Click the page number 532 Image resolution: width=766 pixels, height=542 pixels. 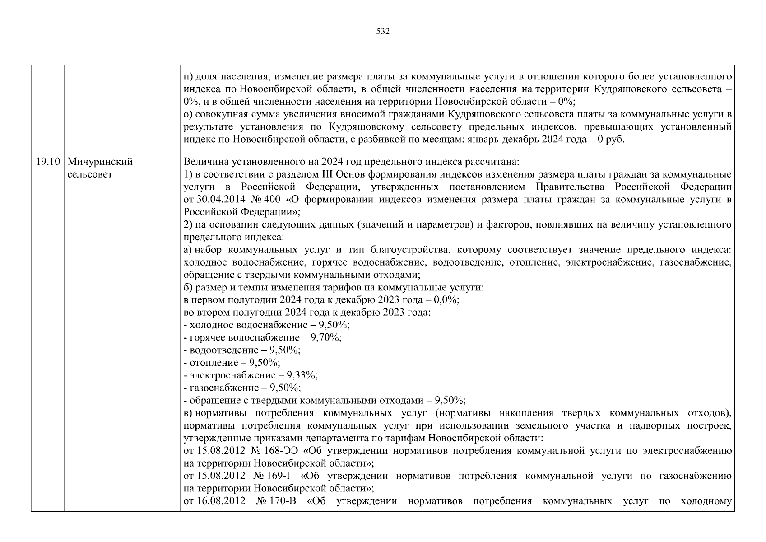click(x=382, y=32)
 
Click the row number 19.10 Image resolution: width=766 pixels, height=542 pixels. click(x=48, y=162)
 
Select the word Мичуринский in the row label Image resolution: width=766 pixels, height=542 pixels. click(x=100, y=162)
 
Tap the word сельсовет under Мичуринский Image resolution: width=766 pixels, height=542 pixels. click(x=90, y=174)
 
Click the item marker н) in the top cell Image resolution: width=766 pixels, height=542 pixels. click(x=188, y=76)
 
